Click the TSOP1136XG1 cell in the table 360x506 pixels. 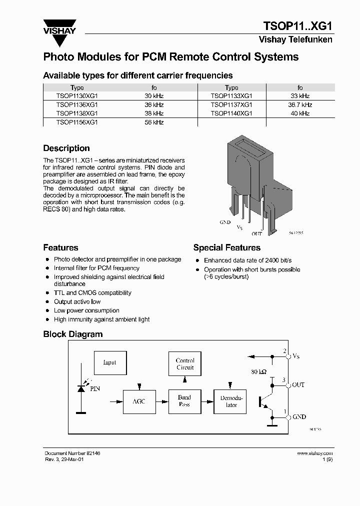(x=77, y=105)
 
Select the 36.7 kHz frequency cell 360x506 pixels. (x=299, y=105)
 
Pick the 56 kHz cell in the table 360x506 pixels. (x=154, y=122)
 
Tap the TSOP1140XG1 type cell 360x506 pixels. (x=231, y=113)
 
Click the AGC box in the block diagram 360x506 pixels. (x=139, y=401)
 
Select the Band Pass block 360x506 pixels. (x=184, y=401)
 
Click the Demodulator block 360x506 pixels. (x=231, y=401)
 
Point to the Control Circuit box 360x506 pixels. (x=185, y=364)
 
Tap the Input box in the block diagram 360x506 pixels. (x=109, y=362)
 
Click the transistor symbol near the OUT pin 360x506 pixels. (x=263, y=401)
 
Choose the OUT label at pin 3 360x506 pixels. (x=298, y=385)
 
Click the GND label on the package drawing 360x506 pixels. (x=225, y=221)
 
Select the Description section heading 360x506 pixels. (x=66, y=148)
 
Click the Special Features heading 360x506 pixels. (x=226, y=247)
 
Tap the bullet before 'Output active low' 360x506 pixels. (x=47, y=302)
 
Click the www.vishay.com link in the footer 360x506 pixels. (x=314, y=453)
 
